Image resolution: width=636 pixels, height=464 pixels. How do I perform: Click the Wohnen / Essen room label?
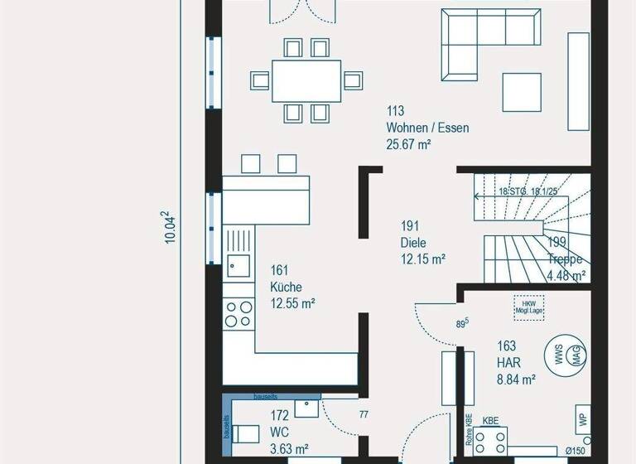[426, 128]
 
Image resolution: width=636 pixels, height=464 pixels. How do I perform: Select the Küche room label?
[286, 287]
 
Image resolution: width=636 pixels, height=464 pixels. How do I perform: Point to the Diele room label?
[413, 243]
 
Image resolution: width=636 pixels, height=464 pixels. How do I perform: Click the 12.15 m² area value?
[422, 259]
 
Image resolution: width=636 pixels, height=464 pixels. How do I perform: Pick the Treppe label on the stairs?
[566, 259]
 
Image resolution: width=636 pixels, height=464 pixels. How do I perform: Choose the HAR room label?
[508, 363]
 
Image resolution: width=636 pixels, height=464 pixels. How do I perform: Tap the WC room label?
[280, 432]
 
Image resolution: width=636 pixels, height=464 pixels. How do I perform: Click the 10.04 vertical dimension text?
[171, 226]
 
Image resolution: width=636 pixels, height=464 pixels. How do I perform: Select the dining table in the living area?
[306, 80]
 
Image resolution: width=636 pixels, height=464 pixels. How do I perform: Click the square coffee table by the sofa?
[523, 90]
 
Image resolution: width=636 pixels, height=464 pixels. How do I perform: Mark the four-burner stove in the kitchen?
[239, 313]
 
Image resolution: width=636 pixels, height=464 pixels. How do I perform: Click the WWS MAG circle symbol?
[566, 355]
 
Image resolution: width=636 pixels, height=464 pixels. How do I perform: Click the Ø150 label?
[576, 451]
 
